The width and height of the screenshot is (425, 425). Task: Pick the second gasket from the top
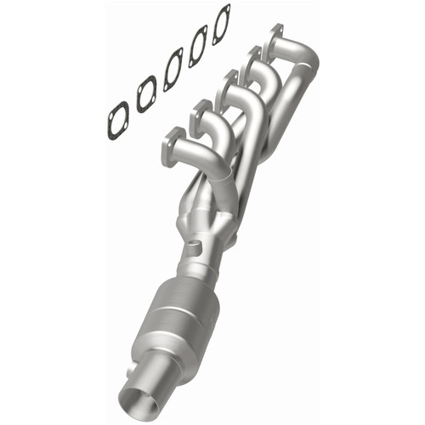tap(198, 46)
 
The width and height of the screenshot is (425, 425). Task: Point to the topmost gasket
tap(221, 24)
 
